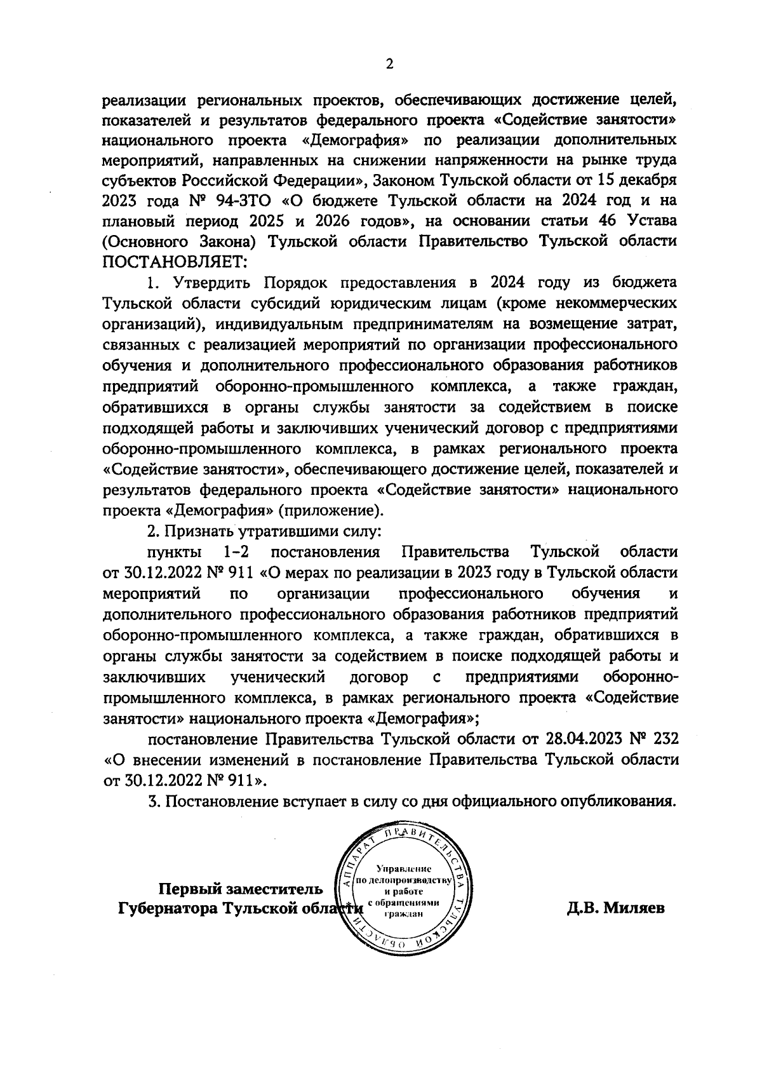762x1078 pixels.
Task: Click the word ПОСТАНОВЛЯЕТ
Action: (175, 261)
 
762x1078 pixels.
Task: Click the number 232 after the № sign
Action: (664, 739)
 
